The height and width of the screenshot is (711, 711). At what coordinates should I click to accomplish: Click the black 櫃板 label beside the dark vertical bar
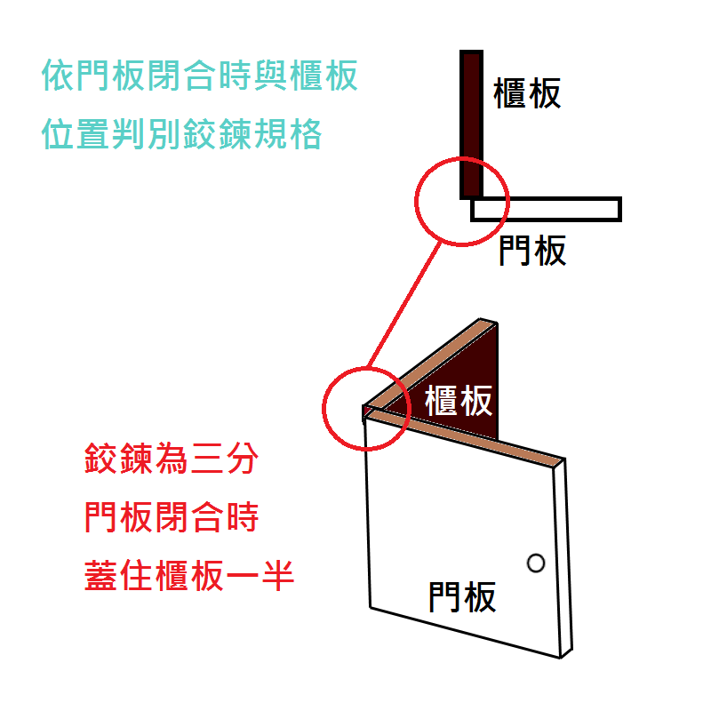pyautogui.click(x=528, y=92)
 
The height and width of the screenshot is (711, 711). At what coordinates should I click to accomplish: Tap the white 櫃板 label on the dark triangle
pyautogui.click(x=459, y=401)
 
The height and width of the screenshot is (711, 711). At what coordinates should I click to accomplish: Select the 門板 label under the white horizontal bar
pyautogui.click(x=532, y=252)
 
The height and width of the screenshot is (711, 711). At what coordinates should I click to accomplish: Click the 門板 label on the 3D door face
pyautogui.click(x=462, y=596)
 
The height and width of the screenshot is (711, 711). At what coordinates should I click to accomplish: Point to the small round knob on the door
pyautogui.click(x=535, y=563)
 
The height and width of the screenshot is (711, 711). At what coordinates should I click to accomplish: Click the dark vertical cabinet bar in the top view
pyautogui.click(x=471, y=124)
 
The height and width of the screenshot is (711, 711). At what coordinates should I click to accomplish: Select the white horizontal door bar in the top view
pyautogui.click(x=546, y=209)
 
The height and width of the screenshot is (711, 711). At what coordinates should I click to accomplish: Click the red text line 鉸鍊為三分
pyautogui.click(x=171, y=460)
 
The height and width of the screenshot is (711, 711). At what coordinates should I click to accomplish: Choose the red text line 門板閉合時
pyautogui.click(x=171, y=516)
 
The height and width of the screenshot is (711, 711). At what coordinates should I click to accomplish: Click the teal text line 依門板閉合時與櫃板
pyautogui.click(x=200, y=76)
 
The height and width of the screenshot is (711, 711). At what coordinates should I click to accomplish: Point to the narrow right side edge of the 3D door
pyautogui.click(x=563, y=560)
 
